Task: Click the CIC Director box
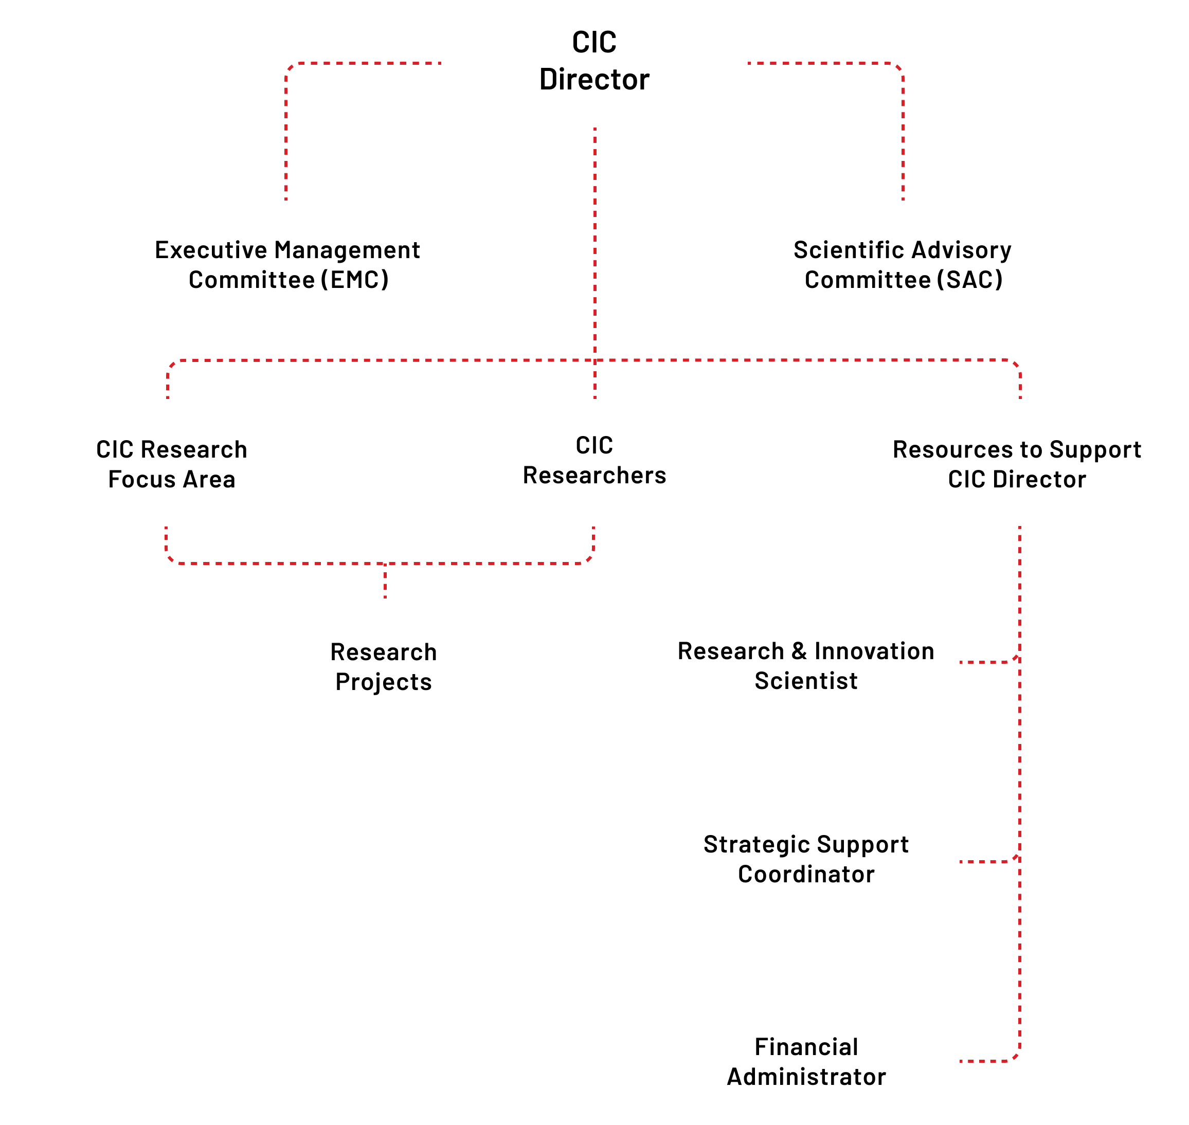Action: pos(594,63)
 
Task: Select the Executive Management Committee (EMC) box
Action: pos(288,263)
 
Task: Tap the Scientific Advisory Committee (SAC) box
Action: pos(900,263)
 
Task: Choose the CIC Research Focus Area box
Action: pos(172,462)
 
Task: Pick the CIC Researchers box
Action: pos(594,462)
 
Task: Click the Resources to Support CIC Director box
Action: pos(1017,462)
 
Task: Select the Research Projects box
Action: pos(383,662)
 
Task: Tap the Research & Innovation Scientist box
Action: pos(806,662)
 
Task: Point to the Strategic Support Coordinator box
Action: pos(806,862)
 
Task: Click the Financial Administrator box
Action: pos(806,1061)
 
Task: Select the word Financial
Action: pos(806,1047)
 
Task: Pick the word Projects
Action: pos(383,682)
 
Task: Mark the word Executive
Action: pos(210,250)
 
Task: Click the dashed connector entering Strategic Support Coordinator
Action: pos(987,862)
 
